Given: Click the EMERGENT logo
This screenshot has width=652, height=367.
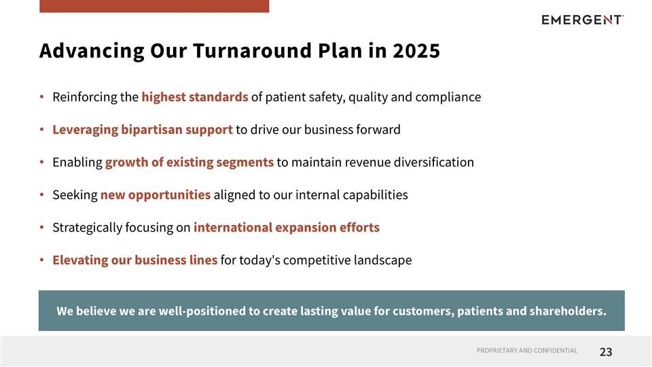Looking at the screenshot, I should click(x=582, y=20).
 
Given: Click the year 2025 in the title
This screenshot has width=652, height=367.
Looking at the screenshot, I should click(x=416, y=51).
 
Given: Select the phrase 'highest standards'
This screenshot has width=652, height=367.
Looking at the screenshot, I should click(x=195, y=97).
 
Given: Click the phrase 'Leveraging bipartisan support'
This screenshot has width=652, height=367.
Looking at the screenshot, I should click(x=143, y=129).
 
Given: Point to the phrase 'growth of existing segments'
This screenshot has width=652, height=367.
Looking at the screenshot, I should click(x=189, y=162).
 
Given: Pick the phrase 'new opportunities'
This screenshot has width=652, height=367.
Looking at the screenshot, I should click(x=156, y=194).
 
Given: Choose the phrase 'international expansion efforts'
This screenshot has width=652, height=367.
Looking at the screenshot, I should click(x=287, y=227).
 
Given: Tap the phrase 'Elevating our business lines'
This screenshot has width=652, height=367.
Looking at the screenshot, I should click(x=135, y=260).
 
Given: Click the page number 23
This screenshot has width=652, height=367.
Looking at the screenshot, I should click(x=606, y=351).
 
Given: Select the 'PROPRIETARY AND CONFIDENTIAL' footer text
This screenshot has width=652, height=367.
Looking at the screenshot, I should click(x=527, y=351).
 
